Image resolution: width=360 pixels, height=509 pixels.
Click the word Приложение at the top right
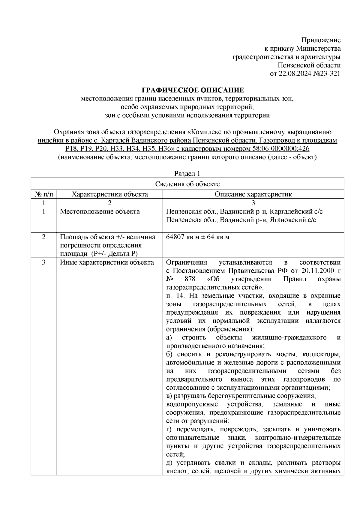click(321, 40)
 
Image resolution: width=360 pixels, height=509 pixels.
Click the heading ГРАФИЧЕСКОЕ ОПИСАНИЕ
click(193, 90)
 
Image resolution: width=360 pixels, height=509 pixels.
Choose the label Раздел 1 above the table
click(187, 174)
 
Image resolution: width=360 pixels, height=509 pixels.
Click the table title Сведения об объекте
click(187, 184)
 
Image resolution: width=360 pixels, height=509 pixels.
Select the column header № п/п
click(44, 194)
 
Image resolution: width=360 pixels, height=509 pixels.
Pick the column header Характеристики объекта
click(109, 194)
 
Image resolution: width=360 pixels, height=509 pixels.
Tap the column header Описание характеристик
click(253, 194)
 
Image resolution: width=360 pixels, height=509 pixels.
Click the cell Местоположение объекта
click(100, 211)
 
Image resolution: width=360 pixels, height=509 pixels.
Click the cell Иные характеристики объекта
click(107, 262)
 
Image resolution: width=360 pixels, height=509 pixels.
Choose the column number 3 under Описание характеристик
click(253, 203)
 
